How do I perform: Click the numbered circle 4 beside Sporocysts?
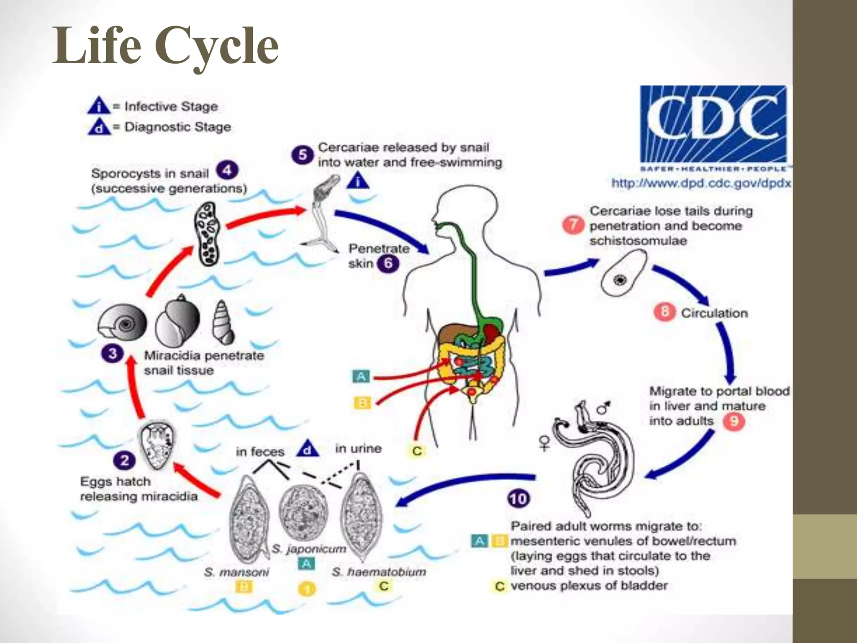pyautogui.click(x=227, y=170)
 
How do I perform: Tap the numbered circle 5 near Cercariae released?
pyautogui.click(x=303, y=155)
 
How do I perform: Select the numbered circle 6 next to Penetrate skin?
pyautogui.click(x=388, y=263)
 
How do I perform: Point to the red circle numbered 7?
pyautogui.click(x=573, y=225)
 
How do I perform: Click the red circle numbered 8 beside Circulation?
pyautogui.click(x=665, y=312)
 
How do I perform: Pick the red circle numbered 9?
pyautogui.click(x=734, y=421)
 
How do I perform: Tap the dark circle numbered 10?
pyautogui.click(x=518, y=499)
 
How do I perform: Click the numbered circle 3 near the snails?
pyautogui.click(x=113, y=353)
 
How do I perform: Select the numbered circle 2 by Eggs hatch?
pyautogui.click(x=124, y=460)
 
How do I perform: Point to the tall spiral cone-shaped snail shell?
pyautogui.click(x=223, y=322)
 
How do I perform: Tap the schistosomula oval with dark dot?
pyautogui.click(x=624, y=273)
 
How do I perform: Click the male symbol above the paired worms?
pyautogui.click(x=603, y=407)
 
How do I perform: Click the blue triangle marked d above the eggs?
pyautogui.click(x=308, y=448)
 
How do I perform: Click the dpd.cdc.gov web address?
pyautogui.click(x=701, y=183)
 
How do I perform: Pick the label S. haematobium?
pyautogui.click(x=379, y=572)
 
